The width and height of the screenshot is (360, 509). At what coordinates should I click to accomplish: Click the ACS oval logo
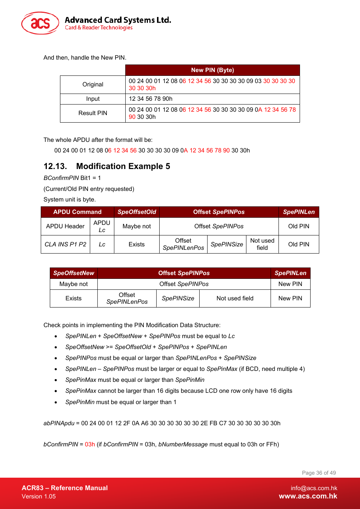tap(40, 23)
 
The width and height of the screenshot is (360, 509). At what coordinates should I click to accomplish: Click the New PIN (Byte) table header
tap(212, 70)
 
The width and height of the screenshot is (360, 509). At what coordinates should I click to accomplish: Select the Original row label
tap(93, 85)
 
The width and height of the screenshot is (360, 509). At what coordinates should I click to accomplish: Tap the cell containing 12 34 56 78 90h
tap(151, 99)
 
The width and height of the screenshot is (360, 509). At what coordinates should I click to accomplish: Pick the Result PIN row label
tap(93, 113)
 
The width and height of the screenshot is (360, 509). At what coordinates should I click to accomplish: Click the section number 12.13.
tap(55, 166)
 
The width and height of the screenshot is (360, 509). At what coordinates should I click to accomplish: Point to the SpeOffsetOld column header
tap(137, 212)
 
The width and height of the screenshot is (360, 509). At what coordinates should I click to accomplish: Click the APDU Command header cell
tap(77, 212)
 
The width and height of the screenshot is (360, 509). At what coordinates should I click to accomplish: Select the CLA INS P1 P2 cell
tap(65, 245)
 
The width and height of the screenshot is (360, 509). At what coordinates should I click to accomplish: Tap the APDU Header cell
tap(65, 226)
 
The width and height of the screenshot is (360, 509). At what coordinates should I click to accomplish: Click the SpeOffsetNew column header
tap(74, 273)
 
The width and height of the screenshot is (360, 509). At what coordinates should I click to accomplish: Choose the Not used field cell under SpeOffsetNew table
tap(235, 298)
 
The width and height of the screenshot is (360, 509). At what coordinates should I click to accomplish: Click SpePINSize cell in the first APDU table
tap(227, 245)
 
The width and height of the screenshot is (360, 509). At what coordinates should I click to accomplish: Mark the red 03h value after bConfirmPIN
tap(90, 444)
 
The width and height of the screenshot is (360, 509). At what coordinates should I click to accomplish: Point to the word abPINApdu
tap(59, 423)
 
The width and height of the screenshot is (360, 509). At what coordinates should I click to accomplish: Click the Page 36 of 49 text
tap(318, 473)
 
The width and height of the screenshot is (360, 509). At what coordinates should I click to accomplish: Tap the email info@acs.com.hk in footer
tap(314, 488)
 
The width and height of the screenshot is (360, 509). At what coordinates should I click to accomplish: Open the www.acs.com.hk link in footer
tap(308, 497)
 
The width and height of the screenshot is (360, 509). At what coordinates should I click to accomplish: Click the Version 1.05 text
tap(38, 497)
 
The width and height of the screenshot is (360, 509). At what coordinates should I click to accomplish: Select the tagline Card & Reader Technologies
tap(98, 28)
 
